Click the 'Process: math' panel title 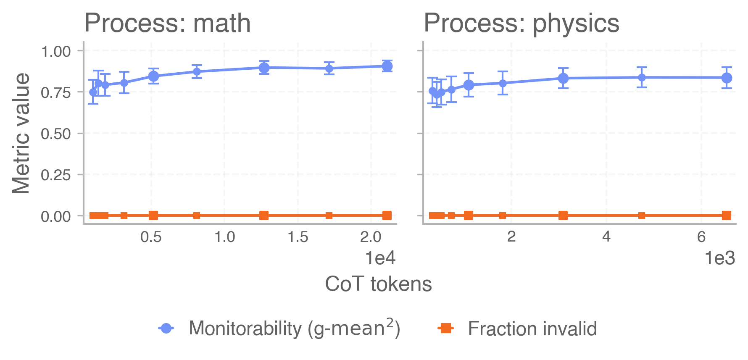[167, 23]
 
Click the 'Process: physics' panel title [521, 23]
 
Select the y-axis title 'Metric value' [21, 133]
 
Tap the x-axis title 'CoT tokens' [378, 284]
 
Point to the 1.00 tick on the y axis [56, 52]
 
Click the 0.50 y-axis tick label [56, 134]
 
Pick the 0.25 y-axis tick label [56, 175]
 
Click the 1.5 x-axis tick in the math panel [298, 237]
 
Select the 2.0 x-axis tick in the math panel [371, 237]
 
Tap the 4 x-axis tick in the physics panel [606, 237]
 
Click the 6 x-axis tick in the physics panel [701, 237]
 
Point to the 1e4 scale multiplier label [380, 258]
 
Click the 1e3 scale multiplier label [720, 258]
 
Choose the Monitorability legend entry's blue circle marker [166, 328]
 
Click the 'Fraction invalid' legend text [532, 328]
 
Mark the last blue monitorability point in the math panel [387, 66]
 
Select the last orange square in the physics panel [727, 215]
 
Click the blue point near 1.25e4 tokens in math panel [264, 68]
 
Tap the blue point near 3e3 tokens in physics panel [563, 78]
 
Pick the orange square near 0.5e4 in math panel [153, 215]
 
